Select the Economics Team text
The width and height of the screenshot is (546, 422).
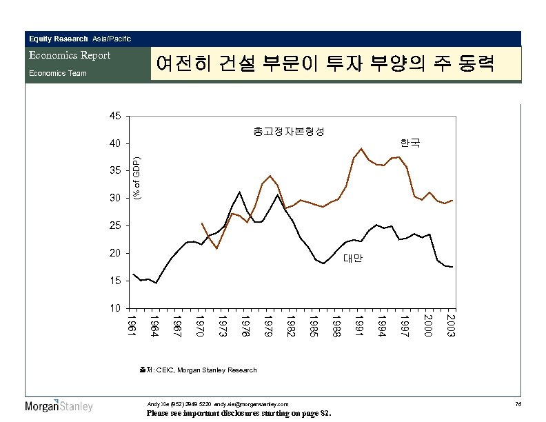(57, 72)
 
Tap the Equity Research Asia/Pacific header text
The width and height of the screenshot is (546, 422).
(80, 38)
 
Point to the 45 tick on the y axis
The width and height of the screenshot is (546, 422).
(115, 116)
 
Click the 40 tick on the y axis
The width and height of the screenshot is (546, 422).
(115, 143)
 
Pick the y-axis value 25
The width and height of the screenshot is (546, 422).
(115, 225)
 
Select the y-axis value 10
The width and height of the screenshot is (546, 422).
(115, 308)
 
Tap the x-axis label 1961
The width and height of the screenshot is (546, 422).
(132, 326)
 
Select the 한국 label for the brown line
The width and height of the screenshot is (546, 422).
(410, 143)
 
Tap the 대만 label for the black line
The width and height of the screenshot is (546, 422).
(352, 259)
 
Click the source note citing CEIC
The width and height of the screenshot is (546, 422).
(198, 370)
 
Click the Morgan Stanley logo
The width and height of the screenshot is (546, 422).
(59, 405)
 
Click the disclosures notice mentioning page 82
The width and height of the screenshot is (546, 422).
(239, 414)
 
